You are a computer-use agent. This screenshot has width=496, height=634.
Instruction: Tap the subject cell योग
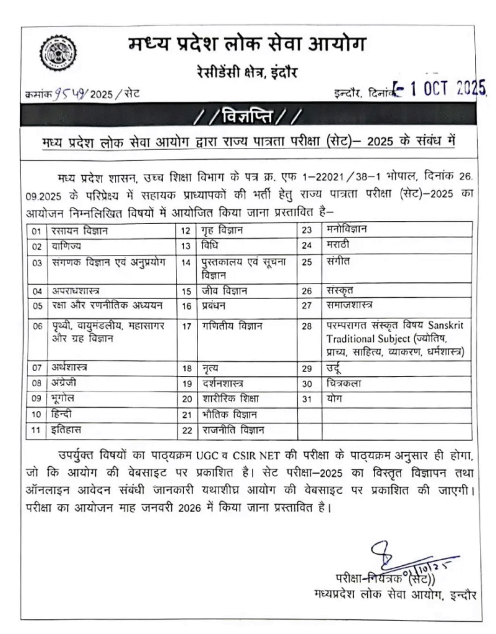(x=335, y=399)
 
